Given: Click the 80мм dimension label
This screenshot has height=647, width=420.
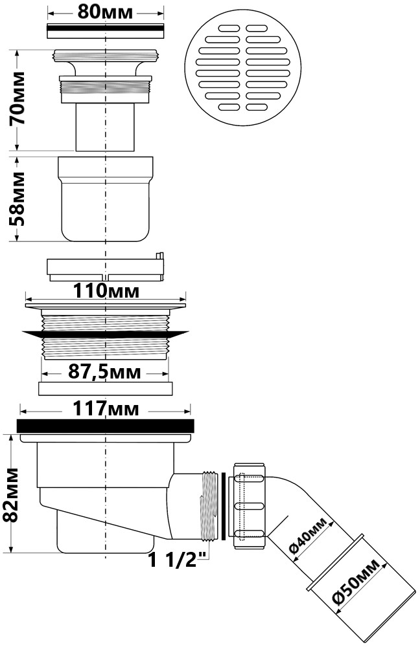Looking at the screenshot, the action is coord(106,12).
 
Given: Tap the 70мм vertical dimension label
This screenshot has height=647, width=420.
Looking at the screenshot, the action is coord(17,98).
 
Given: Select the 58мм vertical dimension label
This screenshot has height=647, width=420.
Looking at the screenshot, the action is coord(17,199).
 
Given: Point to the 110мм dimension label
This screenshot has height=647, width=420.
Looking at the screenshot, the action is coord(106,291).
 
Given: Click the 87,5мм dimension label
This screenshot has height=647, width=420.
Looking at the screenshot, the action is coord(104,373).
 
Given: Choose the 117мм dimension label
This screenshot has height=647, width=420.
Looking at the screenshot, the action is coord(106,409).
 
